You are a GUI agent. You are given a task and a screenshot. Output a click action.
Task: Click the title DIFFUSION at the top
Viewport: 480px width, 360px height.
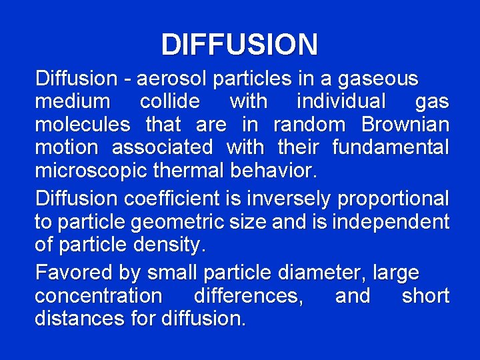[x=239, y=45]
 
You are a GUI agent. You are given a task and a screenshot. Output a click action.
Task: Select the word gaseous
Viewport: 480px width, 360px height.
[x=378, y=79]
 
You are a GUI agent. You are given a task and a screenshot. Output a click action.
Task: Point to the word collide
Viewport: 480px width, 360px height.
[x=169, y=101]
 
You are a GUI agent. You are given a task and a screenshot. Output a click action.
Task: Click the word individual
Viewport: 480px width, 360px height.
[x=341, y=101]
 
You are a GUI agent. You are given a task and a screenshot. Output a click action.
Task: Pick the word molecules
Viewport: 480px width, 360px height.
[x=83, y=124]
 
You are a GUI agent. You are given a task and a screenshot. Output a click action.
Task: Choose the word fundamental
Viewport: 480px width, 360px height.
[x=391, y=147]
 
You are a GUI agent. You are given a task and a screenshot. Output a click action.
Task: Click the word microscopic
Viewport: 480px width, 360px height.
[x=91, y=169]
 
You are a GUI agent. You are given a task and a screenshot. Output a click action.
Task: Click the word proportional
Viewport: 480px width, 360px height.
[x=393, y=199]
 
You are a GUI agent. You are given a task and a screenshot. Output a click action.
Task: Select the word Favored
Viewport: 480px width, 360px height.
[x=74, y=273]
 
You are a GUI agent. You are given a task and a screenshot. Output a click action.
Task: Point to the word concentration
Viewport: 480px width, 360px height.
[x=98, y=295]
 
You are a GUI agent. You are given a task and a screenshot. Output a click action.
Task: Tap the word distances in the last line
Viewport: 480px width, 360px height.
[x=77, y=318]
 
